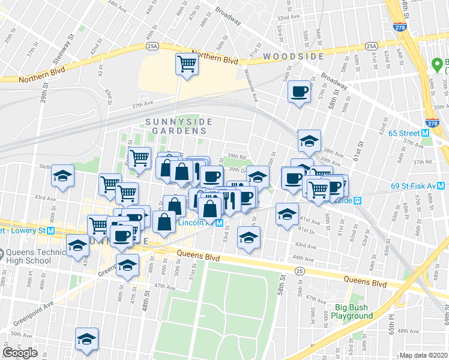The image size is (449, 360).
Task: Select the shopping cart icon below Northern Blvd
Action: pyautogui.click(x=187, y=64)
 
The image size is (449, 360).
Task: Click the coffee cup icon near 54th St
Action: pyautogui.click(x=298, y=92)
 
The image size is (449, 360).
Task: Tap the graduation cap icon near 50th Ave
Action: pyautogui.click(x=87, y=339)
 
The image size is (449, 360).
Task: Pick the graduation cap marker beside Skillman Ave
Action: pyautogui.click(x=62, y=176)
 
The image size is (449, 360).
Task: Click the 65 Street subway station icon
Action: pyautogui.click(x=425, y=133)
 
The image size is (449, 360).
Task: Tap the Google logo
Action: pyautogui.click(x=20, y=353)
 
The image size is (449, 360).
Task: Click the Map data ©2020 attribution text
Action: pyautogui.click(x=423, y=355)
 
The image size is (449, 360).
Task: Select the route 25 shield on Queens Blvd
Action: pyautogui.click(x=298, y=272)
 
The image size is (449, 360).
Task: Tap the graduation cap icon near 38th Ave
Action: pyautogui.click(x=310, y=142)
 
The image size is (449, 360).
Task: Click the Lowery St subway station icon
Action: pyautogui.click(x=51, y=230)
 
